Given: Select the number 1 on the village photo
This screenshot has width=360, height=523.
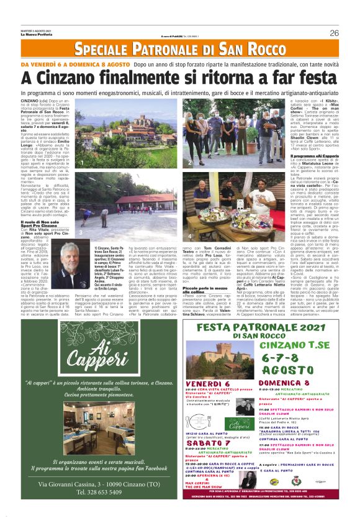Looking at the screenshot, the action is tap(81, 162).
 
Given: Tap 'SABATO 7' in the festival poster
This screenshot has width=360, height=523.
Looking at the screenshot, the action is tap(208, 443).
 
